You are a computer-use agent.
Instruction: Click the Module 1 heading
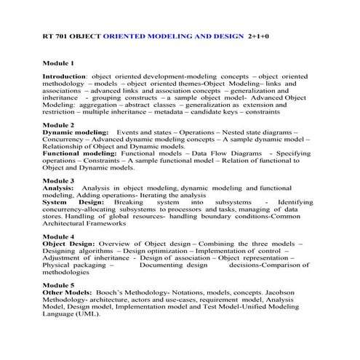tap(58, 63)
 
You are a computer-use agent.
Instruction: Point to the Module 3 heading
tap(58, 180)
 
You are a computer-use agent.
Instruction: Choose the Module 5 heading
tap(58, 285)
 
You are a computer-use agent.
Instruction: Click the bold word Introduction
tap(64, 76)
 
